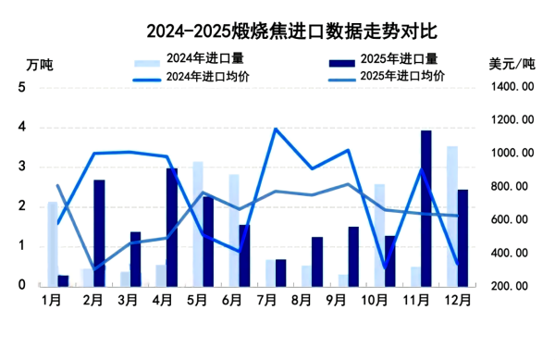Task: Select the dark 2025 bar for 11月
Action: [425, 208]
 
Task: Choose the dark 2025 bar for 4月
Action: [172, 228]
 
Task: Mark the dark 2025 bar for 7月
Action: [280, 273]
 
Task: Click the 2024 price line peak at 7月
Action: [275, 130]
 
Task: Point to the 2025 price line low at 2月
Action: [93, 268]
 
